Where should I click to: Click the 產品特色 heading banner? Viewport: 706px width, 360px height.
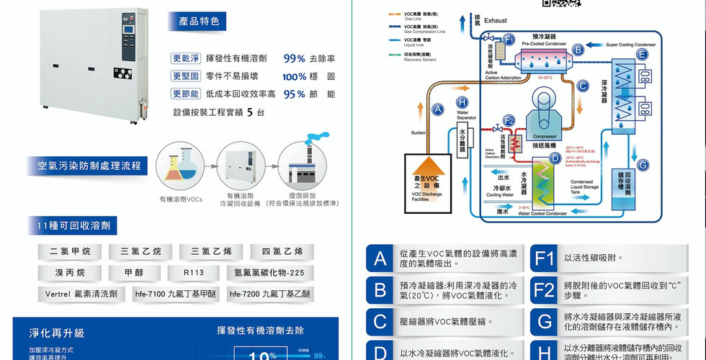[199, 22]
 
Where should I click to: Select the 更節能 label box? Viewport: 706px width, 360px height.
[185, 94]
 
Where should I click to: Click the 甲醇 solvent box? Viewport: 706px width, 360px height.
[134, 273]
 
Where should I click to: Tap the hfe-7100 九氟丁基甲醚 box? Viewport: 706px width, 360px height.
[176, 294]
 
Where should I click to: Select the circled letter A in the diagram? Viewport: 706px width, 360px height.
[437, 110]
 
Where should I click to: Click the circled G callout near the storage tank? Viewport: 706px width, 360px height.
[643, 165]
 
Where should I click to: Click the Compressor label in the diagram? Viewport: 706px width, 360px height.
[545, 136]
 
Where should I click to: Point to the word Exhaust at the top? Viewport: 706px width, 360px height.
[496, 21]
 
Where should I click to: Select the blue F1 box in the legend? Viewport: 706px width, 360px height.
[544, 258]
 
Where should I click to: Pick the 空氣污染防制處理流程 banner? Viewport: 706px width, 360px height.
[89, 166]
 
